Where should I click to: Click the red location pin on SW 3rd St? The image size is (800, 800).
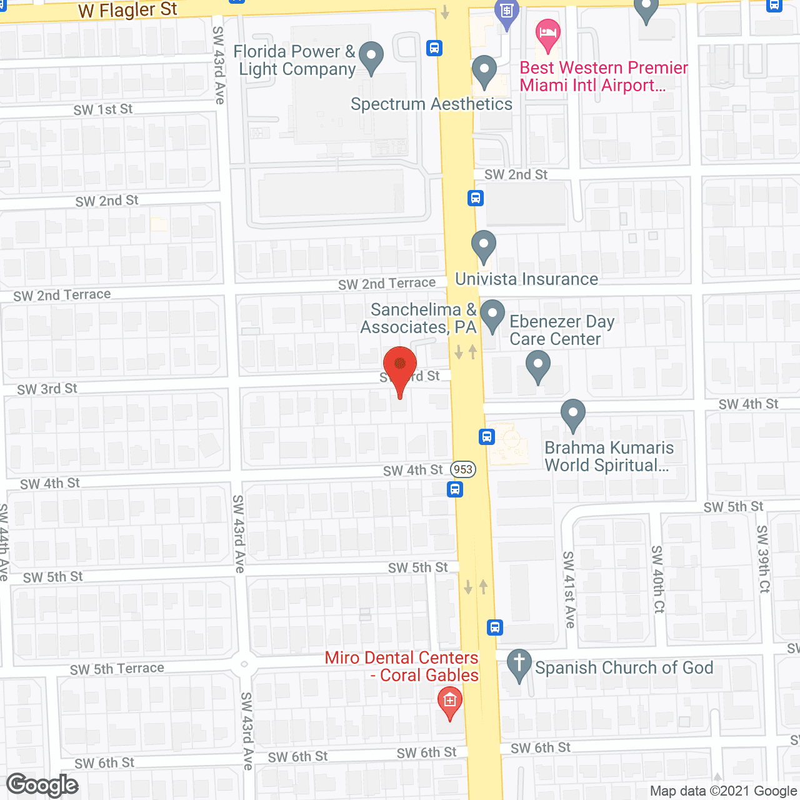click(399, 365)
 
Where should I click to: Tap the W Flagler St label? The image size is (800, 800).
click(127, 11)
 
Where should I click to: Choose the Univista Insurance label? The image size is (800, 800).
click(526, 279)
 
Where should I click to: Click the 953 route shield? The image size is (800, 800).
click(463, 469)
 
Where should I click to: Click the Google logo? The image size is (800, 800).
click(42, 785)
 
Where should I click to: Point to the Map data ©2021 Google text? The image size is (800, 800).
click(724, 791)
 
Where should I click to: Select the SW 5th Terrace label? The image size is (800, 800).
click(117, 669)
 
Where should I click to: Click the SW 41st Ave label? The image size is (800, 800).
click(569, 589)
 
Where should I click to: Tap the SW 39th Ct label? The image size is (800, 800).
click(763, 559)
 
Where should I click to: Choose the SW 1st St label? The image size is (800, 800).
click(103, 109)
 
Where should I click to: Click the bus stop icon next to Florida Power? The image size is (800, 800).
click(434, 47)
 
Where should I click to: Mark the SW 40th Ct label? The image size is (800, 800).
click(657, 579)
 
